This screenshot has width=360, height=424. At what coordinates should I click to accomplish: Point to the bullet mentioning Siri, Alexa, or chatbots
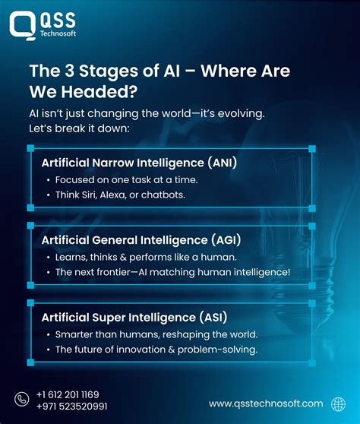(x=119, y=195)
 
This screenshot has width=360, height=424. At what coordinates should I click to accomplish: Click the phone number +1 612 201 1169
(x=68, y=394)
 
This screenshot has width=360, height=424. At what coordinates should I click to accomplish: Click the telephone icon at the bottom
(x=21, y=400)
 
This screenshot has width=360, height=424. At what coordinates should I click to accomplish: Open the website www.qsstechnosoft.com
(x=266, y=403)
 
